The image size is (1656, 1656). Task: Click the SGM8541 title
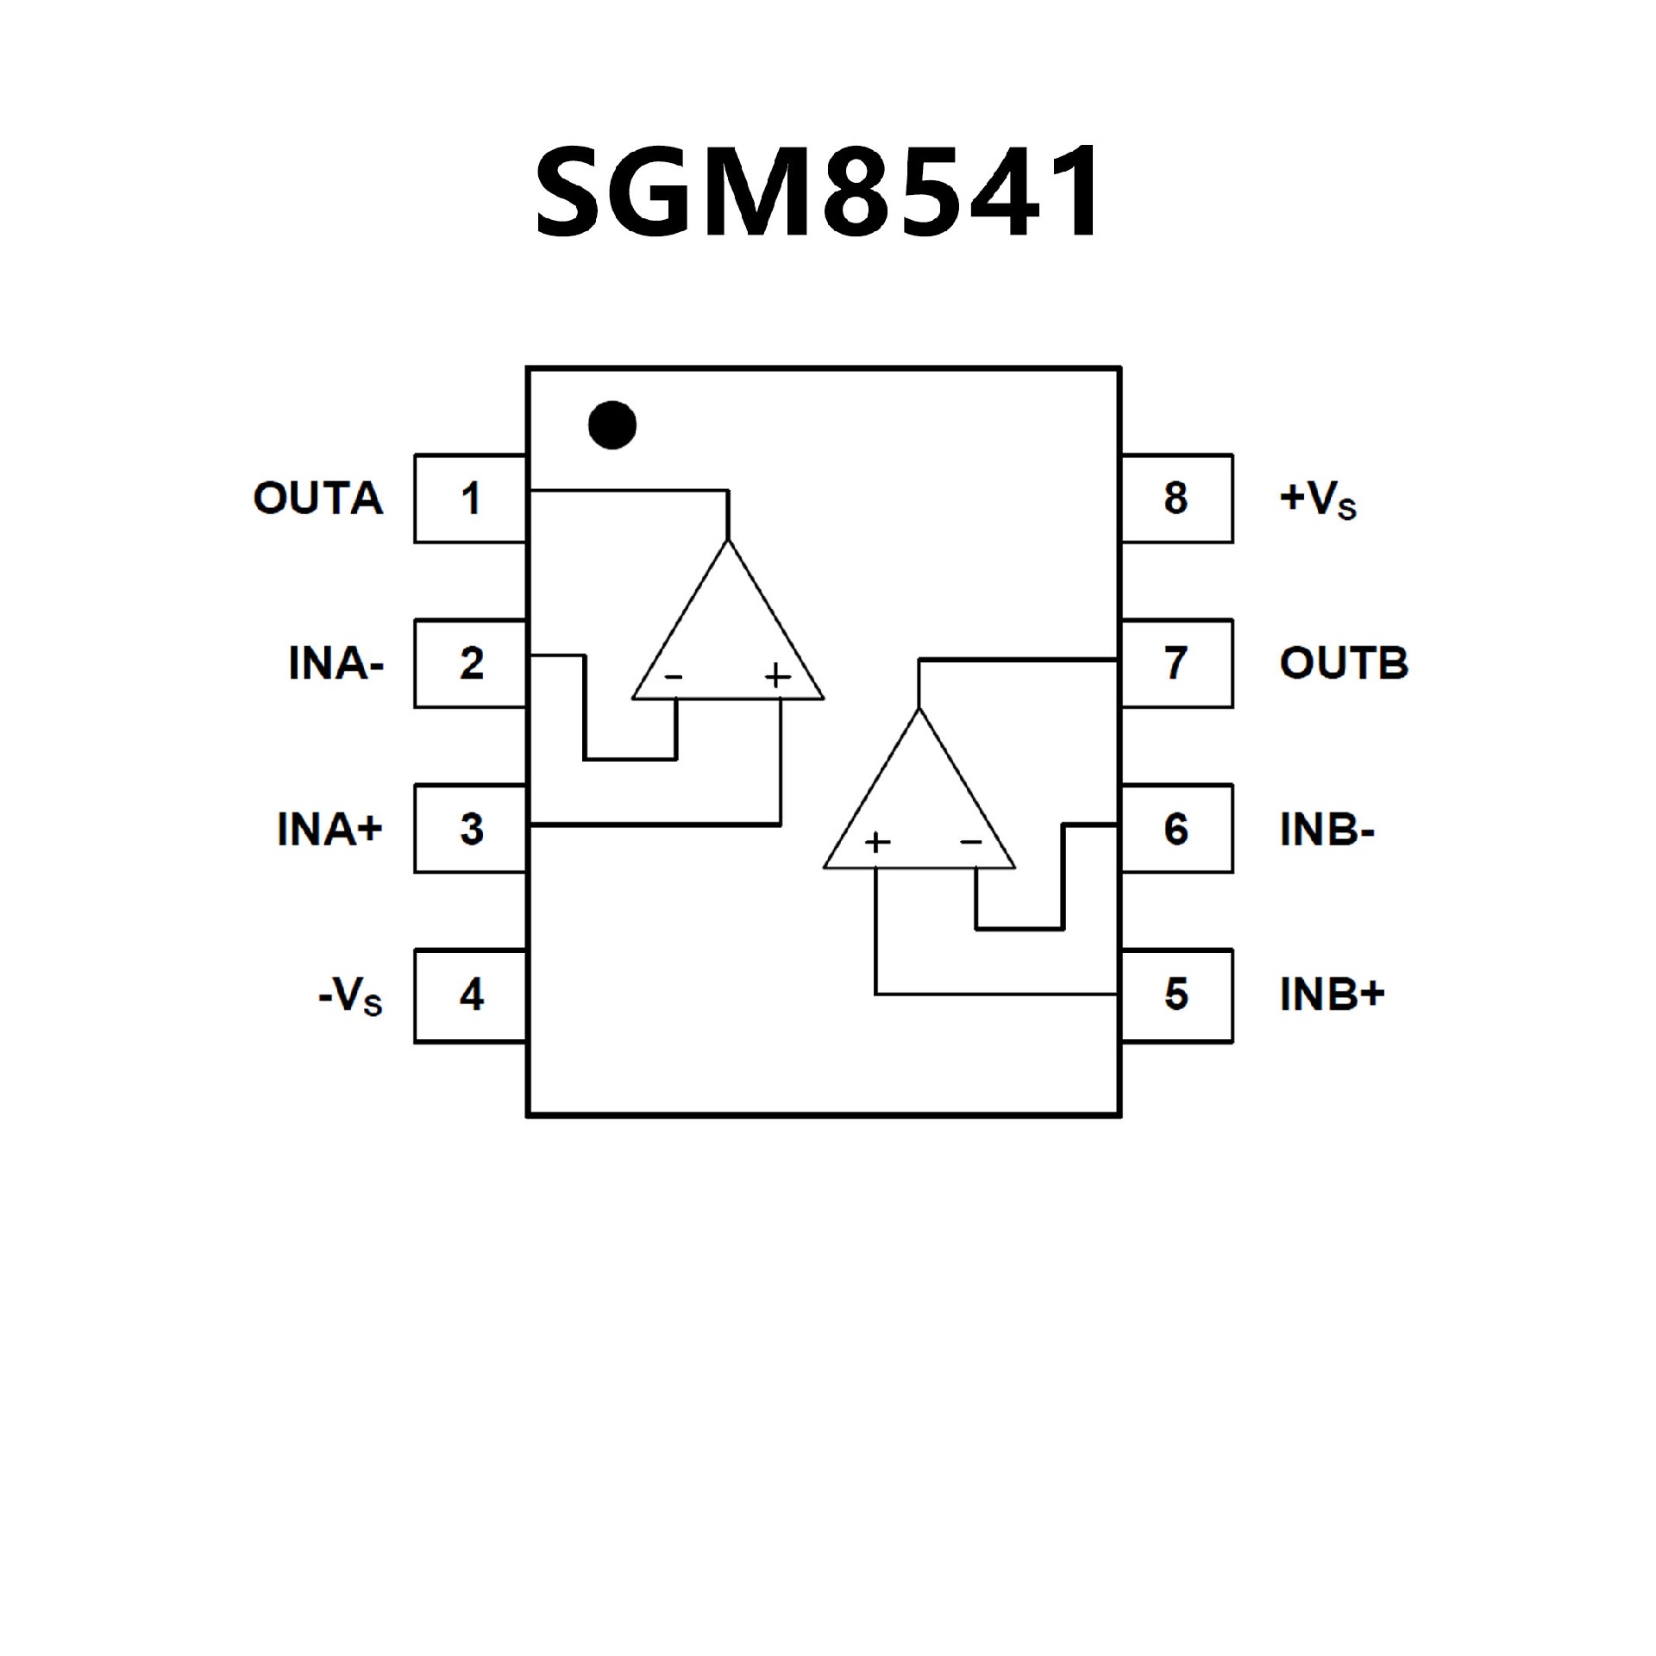click(818, 191)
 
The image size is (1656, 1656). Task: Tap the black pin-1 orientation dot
click(612, 425)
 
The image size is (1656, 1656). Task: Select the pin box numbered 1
click(470, 499)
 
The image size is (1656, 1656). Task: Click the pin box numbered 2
click(470, 663)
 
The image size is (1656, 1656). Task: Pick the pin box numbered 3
click(470, 829)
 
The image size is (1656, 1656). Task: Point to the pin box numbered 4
click(470, 995)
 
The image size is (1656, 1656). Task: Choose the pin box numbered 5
click(1176, 995)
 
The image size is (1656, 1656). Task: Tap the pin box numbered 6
click(1176, 829)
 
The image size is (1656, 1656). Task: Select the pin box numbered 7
click(1176, 663)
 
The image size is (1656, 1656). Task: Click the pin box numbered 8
click(1176, 499)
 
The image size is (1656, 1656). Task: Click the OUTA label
click(318, 499)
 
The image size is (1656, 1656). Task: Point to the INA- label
click(336, 663)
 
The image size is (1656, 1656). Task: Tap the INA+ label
click(329, 829)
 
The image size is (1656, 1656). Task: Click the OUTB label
click(1344, 663)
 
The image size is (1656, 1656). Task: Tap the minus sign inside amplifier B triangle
click(971, 842)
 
